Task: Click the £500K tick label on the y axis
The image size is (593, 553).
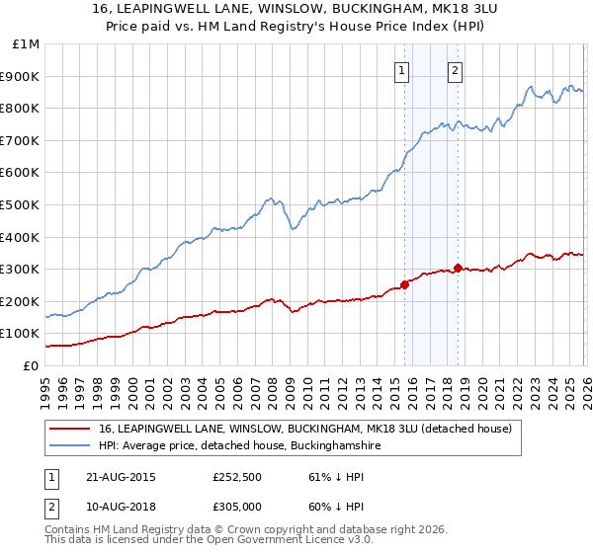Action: (21, 204)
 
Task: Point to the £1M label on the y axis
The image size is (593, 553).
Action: (25, 43)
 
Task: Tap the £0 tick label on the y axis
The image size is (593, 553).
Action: (31, 365)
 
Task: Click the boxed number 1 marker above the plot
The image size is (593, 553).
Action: (403, 70)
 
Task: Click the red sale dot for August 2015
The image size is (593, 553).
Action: (405, 284)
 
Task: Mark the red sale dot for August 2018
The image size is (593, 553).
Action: (458, 268)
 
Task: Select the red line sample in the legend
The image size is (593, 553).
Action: (70, 430)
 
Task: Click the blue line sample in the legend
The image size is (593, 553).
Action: (70, 446)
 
